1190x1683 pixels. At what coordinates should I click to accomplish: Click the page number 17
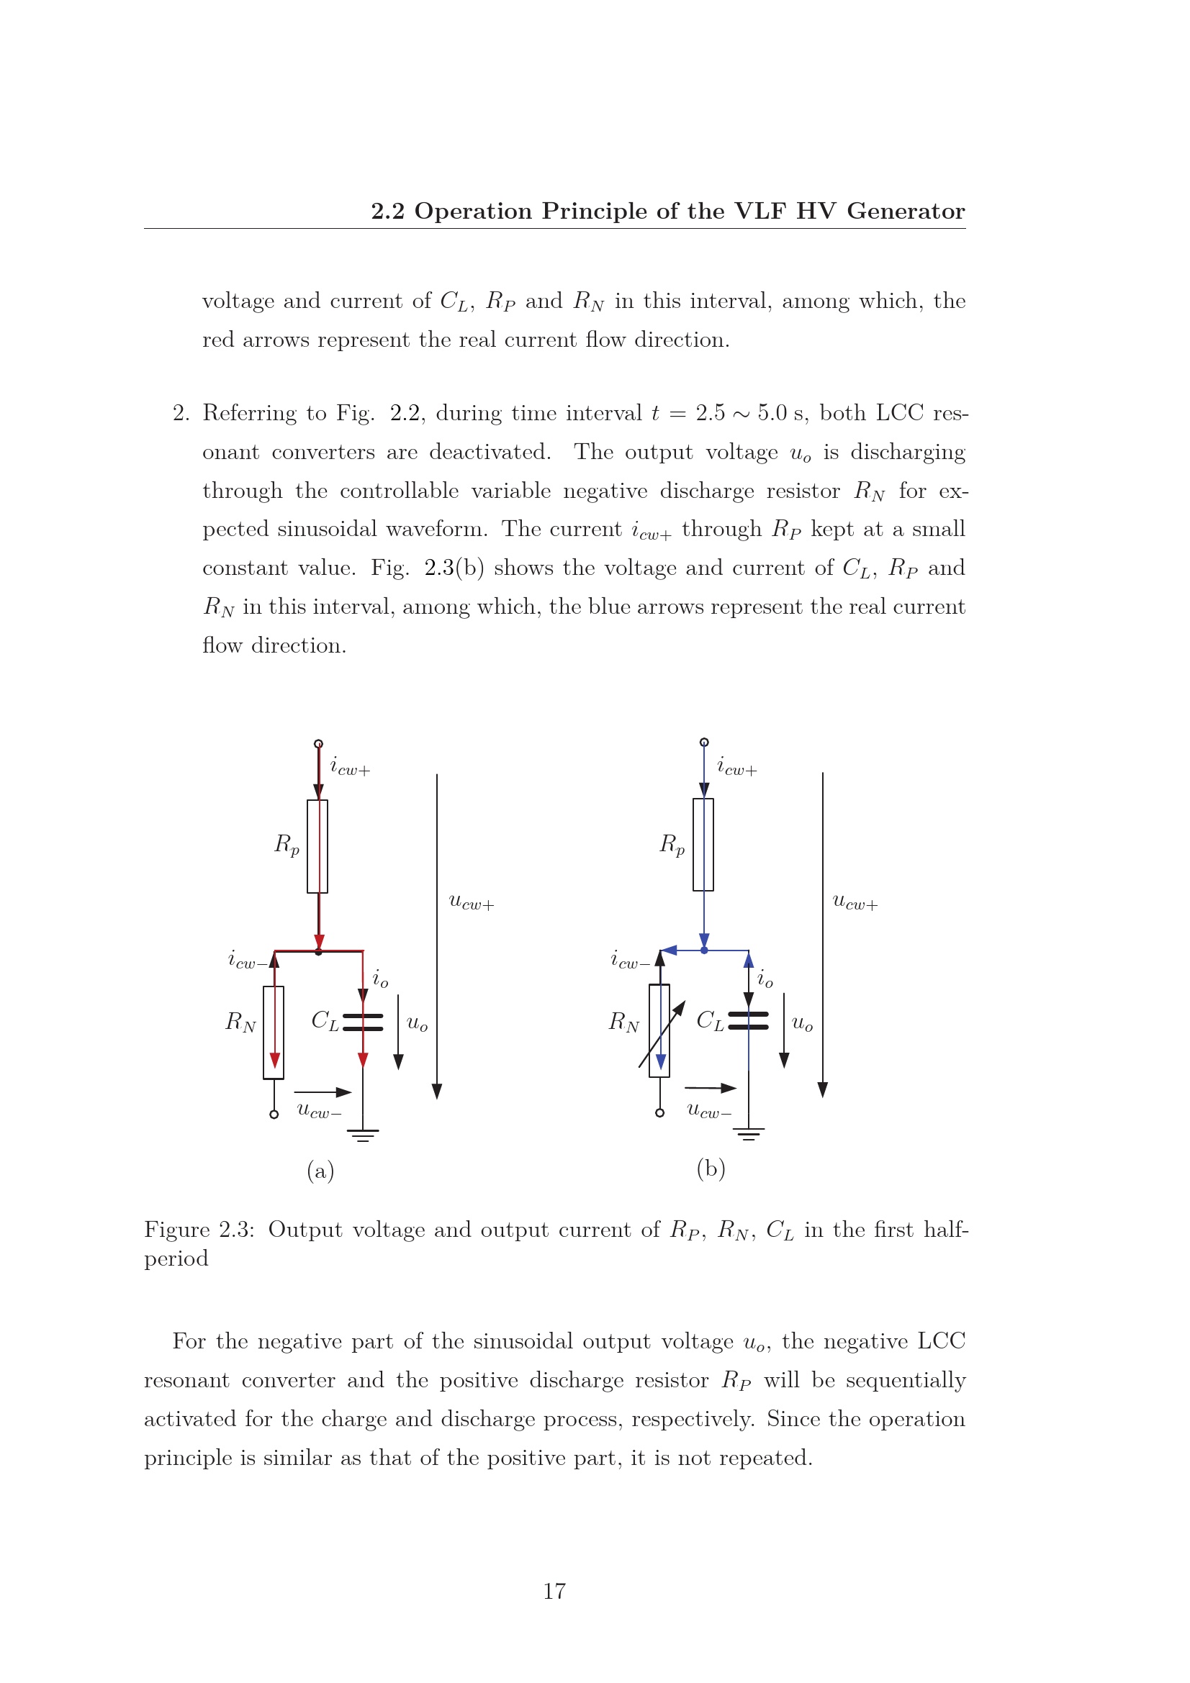pos(554,1591)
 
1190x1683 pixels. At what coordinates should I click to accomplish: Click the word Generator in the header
pos(906,211)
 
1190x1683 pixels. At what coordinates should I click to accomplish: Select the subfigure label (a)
pos(320,1171)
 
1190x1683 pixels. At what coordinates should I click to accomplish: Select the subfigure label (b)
pos(711,1168)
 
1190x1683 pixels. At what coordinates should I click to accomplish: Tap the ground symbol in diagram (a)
pos(363,1135)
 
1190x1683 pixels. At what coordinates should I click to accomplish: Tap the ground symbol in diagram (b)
pos(749,1134)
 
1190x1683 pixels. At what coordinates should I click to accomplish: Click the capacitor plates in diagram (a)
pos(363,1022)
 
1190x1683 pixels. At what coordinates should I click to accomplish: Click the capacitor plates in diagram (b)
pos(749,1021)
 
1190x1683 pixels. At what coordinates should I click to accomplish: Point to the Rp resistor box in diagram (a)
pos(317,847)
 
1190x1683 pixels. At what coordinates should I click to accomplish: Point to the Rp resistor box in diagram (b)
pos(703,845)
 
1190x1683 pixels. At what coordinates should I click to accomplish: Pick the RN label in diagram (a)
pos(240,1022)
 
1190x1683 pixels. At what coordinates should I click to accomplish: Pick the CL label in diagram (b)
pos(710,1021)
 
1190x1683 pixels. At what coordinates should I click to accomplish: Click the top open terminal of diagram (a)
pos(318,744)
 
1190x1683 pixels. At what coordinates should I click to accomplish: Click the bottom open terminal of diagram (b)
pos(660,1112)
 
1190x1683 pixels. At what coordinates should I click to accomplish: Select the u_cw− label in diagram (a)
pos(319,1111)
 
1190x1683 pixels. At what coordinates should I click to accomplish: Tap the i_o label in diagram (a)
pos(381,979)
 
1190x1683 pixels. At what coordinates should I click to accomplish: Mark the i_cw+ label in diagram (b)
pos(737,768)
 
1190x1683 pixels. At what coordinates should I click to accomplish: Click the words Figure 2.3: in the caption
pos(199,1229)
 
